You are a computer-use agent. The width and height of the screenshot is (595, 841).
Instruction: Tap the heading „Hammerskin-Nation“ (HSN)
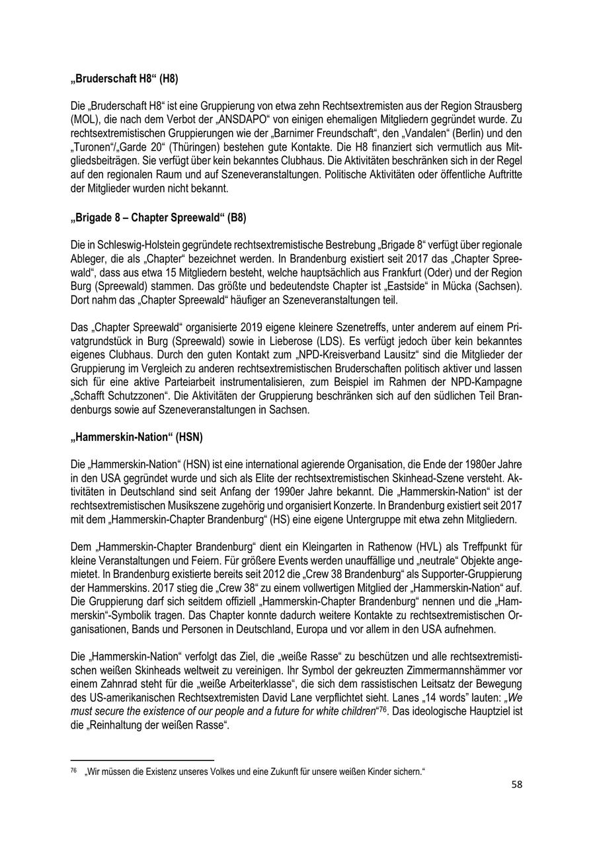coord(136,437)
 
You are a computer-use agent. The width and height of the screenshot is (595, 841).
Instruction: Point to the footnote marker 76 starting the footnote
coord(73,770)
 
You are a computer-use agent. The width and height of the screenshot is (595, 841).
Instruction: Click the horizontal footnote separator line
coord(142,760)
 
